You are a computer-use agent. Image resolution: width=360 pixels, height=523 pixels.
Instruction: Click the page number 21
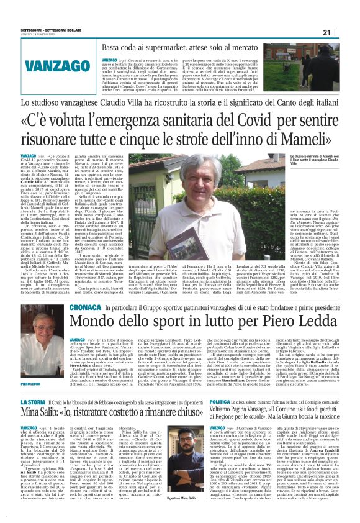tap(343, 33)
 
